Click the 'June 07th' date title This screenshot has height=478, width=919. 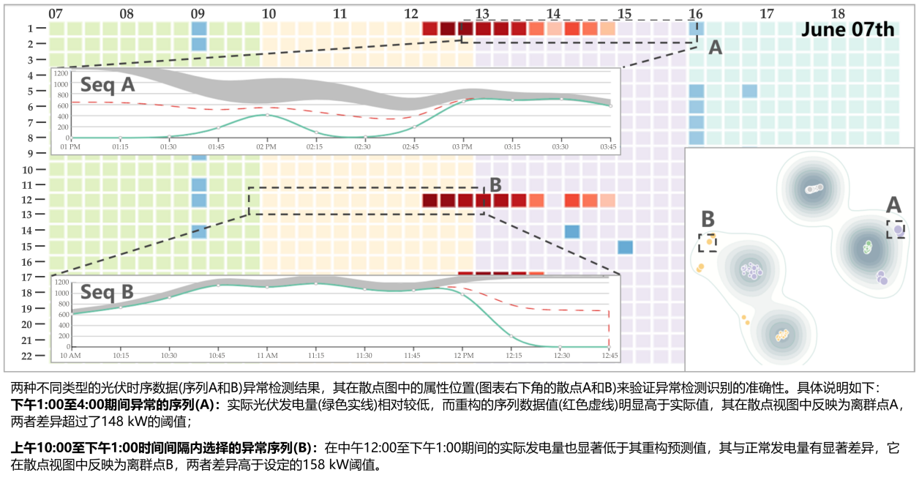coord(847,29)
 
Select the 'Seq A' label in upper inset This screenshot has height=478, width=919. coord(108,84)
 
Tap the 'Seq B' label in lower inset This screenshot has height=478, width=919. coord(108,292)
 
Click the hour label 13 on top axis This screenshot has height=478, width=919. coord(482,14)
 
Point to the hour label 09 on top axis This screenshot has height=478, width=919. coord(198,14)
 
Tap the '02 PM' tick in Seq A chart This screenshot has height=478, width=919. coord(267,146)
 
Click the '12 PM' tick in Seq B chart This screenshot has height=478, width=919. coord(463,356)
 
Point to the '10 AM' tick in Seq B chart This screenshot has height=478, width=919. coord(71,356)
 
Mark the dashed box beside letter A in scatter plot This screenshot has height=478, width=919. coord(896,229)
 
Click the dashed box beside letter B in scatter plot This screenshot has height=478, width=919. coord(708,242)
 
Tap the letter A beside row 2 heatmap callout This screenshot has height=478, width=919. coord(716,48)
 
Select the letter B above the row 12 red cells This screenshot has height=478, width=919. coord(495,184)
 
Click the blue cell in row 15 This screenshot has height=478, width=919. coord(625,247)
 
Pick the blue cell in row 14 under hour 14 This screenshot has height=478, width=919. coord(572,231)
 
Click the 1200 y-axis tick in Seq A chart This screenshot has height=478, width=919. coord(61,74)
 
